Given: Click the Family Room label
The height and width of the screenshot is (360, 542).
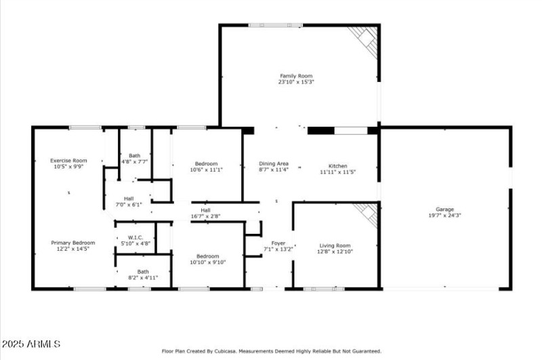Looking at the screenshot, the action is pyautogui.click(x=296, y=76).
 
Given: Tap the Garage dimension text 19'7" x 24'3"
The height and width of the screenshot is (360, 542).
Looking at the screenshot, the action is pyautogui.click(x=444, y=215).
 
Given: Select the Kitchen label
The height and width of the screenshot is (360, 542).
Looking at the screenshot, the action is pyautogui.click(x=337, y=166).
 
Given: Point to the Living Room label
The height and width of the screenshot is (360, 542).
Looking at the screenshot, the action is pyautogui.click(x=335, y=245).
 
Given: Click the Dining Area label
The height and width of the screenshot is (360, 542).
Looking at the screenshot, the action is pyautogui.click(x=274, y=163).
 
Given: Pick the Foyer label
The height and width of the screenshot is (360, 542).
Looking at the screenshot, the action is pyautogui.click(x=278, y=243).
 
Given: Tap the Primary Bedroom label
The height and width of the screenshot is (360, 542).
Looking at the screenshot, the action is pyautogui.click(x=73, y=243).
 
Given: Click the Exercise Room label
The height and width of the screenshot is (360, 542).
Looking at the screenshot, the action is pyautogui.click(x=68, y=161).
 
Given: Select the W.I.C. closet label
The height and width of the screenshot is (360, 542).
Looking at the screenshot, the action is pyautogui.click(x=135, y=237).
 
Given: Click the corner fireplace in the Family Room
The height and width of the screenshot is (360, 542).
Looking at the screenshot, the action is pyautogui.click(x=367, y=39).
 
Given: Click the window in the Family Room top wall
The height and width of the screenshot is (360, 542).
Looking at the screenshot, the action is pyautogui.click(x=276, y=25).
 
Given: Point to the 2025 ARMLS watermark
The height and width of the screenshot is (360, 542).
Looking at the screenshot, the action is pyautogui.click(x=31, y=344).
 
